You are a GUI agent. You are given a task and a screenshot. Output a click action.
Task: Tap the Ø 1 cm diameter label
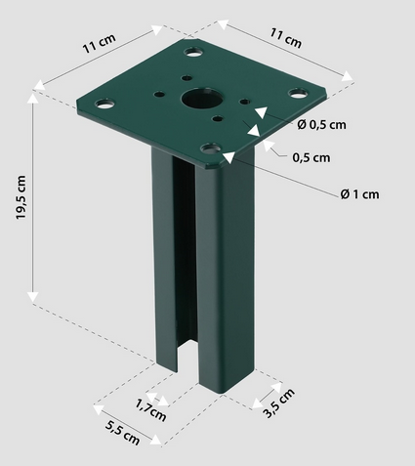coord(359,194)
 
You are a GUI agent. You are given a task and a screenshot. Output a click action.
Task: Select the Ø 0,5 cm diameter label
coord(321,124)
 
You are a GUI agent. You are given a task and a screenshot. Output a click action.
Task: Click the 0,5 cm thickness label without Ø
coord(311,156)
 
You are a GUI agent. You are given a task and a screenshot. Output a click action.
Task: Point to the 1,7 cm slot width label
coord(150,407)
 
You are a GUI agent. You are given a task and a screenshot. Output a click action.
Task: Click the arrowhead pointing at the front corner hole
coord(228,153)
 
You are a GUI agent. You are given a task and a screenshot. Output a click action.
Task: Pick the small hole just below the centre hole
coord(215,119)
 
